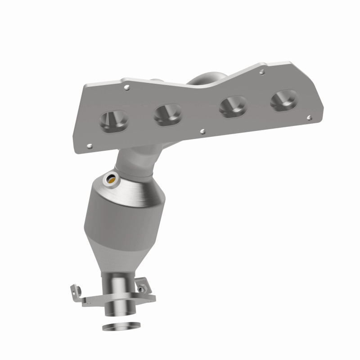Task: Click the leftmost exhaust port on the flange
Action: coord(113,120)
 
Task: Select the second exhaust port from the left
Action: coord(167,114)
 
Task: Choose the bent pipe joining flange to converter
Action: coord(135,162)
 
